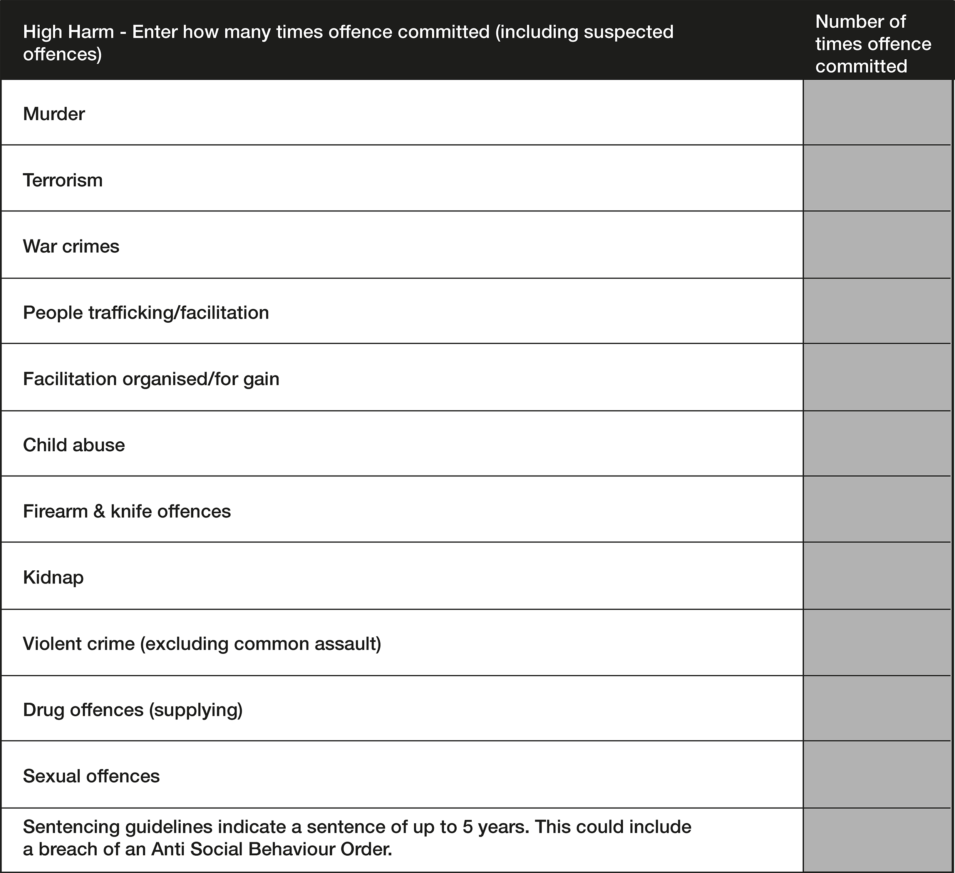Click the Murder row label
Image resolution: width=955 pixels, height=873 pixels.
coord(54,114)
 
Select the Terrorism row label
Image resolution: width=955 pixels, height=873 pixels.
coord(62,181)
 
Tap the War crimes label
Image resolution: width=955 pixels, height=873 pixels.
coord(71,246)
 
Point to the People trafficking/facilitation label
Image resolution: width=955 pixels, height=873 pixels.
coord(146,313)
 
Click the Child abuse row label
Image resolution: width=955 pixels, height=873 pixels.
coord(74,445)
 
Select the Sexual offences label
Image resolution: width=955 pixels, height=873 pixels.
coord(91,776)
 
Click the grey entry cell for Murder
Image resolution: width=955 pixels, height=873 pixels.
coord(877,112)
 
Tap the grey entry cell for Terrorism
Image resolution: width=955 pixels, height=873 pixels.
coord(877,178)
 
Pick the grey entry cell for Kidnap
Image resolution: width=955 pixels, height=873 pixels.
coord(877,576)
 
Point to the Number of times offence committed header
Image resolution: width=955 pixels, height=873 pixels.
coord(873,44)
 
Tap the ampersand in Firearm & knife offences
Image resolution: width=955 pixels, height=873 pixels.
coord(99,511)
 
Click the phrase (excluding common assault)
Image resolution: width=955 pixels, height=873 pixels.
coord(261,644)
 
